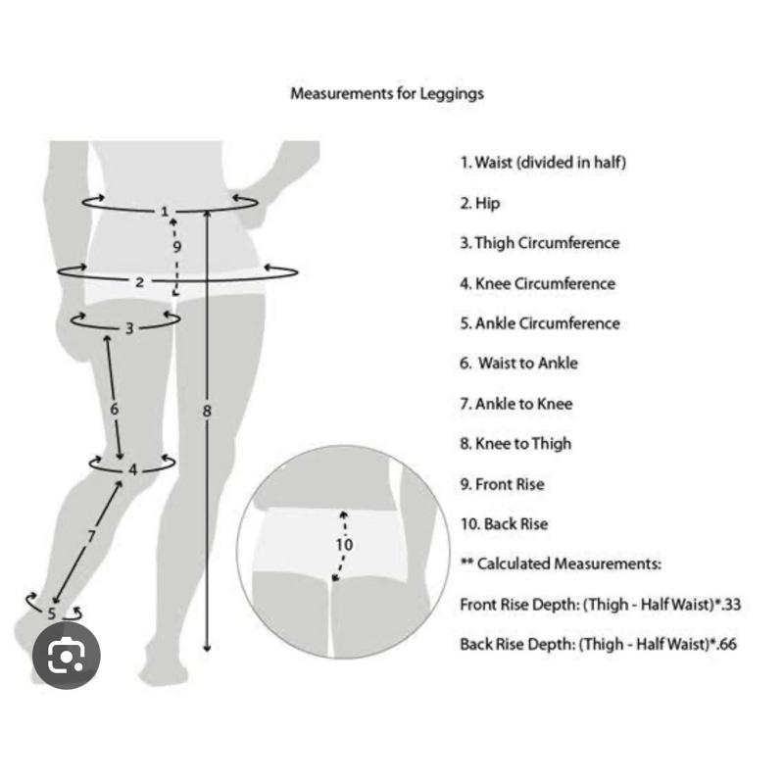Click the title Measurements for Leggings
[x=387, y=94]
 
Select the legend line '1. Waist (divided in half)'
[x=543, y=163]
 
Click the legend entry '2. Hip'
[x=480, y=203]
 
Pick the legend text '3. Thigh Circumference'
[x=540, y=243]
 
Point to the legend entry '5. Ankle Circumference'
[x=540, y=323]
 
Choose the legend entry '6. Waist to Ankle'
[x=519, y=364]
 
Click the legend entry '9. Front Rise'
[x=502, y=484]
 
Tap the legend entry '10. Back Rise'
[x=504, y=524]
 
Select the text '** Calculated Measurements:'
[x=561, y=564]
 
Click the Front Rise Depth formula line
[x=600, y=605]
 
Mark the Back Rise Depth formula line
[x=598, y=645]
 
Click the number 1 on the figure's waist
[x=165, y=211]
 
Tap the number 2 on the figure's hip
[x=139, y=282]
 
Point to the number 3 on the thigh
[x=129, y=329]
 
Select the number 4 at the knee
[x=133, y=469]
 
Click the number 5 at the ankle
[x=52, y=613]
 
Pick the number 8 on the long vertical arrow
[x=207, y=412]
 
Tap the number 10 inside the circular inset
[x=345, y=545]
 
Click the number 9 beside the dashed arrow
[x=177, y=247]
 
